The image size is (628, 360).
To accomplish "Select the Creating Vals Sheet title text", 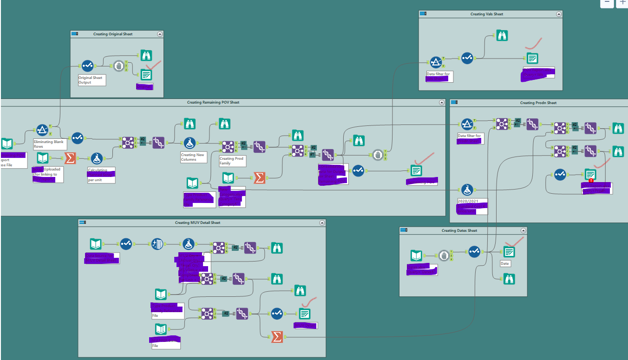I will point(486,14).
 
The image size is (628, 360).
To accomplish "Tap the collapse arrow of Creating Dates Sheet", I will point(523,230).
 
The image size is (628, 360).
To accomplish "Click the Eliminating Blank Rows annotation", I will point(48,144).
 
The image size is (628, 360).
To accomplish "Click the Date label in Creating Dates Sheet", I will point(505,263).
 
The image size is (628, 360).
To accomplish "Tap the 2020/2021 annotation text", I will point(467,202).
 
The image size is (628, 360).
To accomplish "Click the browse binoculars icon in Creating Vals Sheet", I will point(502,35).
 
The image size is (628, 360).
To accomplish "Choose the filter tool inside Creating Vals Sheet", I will point(435,62).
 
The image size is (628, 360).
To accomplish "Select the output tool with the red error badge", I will point(590,175).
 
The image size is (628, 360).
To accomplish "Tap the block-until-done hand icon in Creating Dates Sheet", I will point(444,255).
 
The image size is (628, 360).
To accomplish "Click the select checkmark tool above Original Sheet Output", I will point(87,65).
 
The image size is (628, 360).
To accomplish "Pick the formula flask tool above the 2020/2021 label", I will point(467,189).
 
